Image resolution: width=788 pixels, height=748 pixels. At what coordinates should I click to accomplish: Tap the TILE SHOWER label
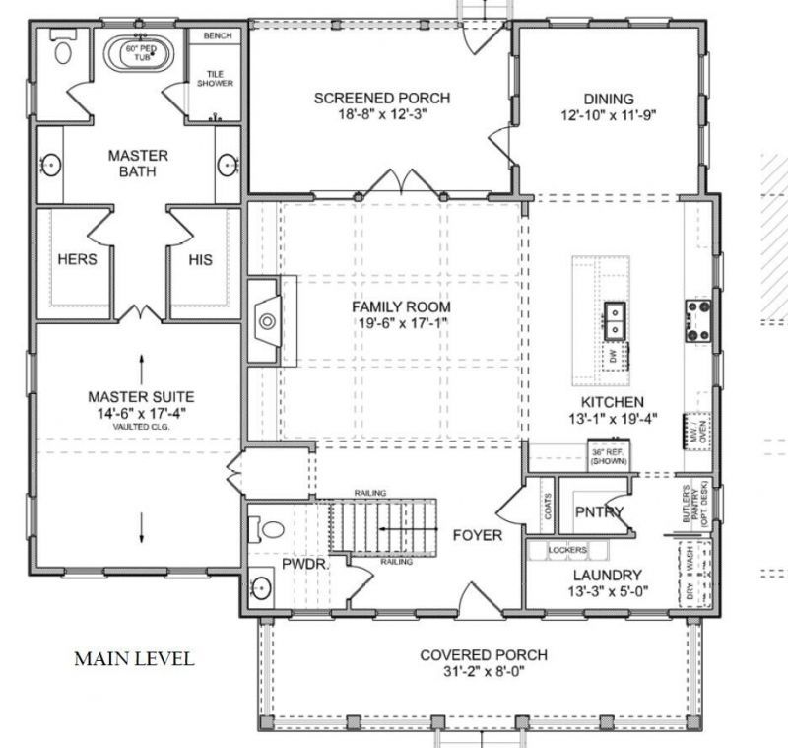pyautogui.click(x=217, y=79)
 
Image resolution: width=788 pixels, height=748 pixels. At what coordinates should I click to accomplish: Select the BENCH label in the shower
pyautogui.click(x=217, y=35)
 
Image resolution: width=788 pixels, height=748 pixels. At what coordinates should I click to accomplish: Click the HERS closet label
pyautogui.click(x=77, y=260)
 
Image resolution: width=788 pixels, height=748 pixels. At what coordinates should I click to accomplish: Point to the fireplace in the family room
pyautogui.click(x=264, y=320)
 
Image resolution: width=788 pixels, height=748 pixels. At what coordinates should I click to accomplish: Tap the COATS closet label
pyautogui.click(x=545, y=509)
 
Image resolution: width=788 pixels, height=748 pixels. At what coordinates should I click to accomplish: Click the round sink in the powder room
pyautogui.click(x=260, y=588)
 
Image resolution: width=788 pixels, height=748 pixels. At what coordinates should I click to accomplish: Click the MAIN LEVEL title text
pyautogui.click(x=134, y=658)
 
